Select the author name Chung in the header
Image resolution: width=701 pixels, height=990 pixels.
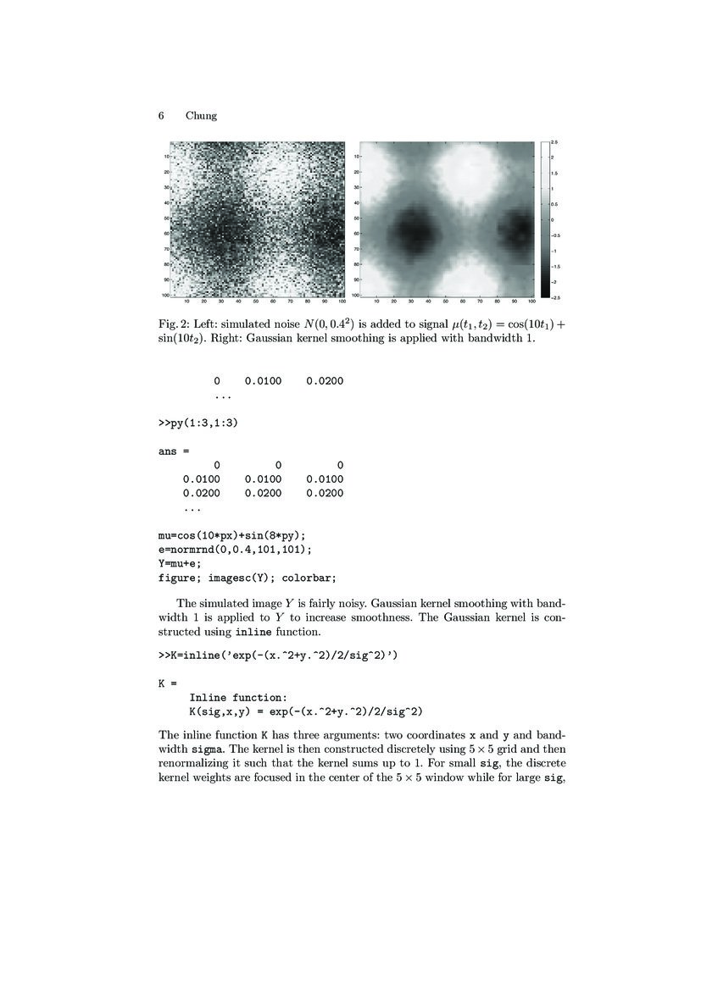201,116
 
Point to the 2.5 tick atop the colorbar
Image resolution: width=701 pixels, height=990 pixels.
554,141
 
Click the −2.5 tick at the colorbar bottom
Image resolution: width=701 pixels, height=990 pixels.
554,297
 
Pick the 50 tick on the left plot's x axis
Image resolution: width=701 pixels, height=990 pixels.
256,301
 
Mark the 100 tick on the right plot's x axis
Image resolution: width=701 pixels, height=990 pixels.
531,301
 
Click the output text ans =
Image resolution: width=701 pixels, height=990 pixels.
174,451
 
